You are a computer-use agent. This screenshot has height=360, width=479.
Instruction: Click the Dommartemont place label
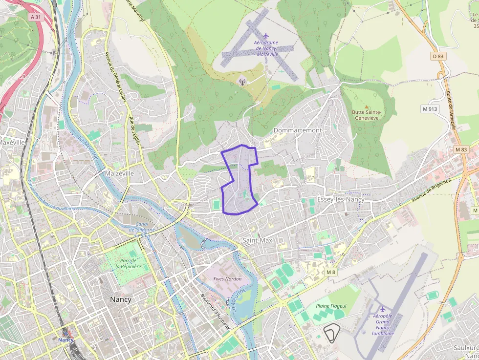(298, 130)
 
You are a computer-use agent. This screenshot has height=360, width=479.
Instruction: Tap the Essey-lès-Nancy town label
(341, 199)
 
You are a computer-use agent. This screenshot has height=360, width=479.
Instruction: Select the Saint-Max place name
(258, 240)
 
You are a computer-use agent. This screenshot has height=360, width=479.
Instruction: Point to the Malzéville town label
(119, 173)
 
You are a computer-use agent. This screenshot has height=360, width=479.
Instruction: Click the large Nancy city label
(121, 299)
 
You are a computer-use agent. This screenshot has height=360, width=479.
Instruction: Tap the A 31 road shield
(35, 17)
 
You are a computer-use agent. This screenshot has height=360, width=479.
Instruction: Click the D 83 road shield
(438, 56)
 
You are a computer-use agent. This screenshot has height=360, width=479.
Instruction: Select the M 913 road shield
(430, 109)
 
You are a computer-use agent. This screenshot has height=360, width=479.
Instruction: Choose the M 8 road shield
(331, 272)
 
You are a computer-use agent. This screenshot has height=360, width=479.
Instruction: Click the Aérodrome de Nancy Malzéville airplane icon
(265, 35)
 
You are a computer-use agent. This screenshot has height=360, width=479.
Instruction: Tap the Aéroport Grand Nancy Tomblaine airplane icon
(382, 309)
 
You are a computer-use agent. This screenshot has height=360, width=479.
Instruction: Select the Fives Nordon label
(227, 279)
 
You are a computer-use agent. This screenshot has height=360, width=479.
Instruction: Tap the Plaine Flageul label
(331, 306)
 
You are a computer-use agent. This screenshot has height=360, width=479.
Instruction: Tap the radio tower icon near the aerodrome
(241, 81)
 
